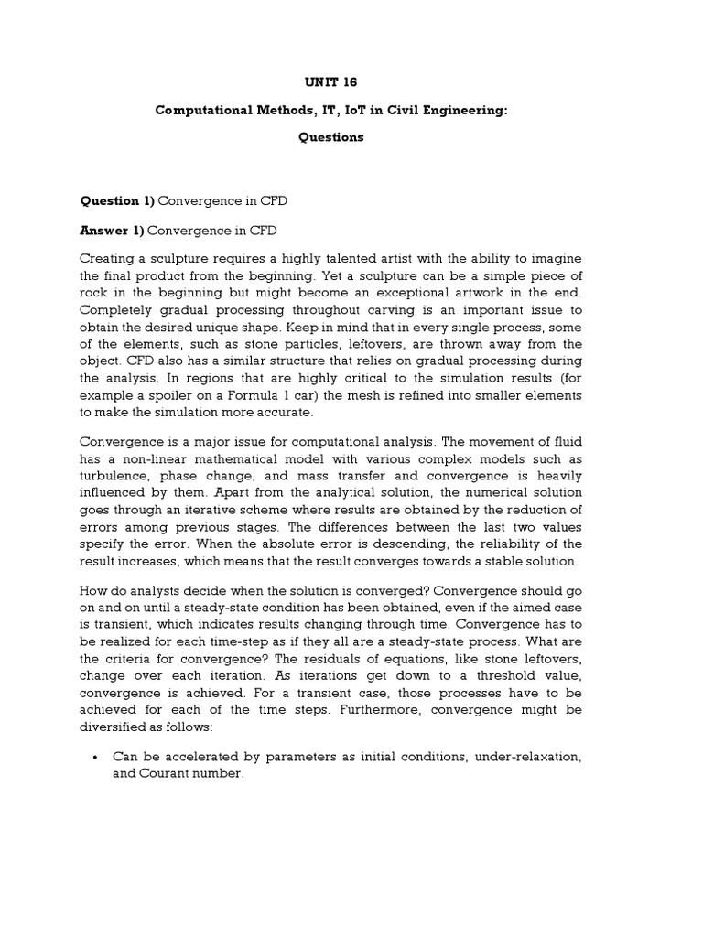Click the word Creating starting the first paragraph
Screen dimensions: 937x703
coord(109,258)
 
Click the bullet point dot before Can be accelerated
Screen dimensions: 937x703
coord(96,757)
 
